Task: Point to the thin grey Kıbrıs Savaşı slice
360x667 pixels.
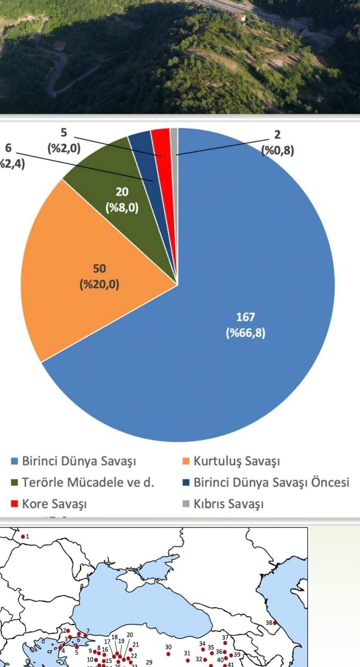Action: click(174, 141)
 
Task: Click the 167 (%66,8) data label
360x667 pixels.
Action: click(245, 325)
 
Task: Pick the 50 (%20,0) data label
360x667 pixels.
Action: click(99, 276)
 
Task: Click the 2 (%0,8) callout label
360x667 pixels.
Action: click(277, 143)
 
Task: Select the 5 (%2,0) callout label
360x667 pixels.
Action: click(64, 140)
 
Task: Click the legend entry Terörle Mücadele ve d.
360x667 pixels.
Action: click(88, 482)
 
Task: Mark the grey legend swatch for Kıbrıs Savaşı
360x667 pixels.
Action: click(186, 504)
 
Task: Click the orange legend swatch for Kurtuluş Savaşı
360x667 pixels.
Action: click(186, 461)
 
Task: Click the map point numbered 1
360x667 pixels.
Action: click(23, 537)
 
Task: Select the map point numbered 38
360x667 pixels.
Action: click(274, 623)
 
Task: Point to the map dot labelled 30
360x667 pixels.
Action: click(168, 654)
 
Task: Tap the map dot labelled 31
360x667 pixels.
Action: click(187, 660)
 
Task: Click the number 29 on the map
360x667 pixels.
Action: click(149, 662)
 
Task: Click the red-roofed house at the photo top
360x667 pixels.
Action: click(240, 16)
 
